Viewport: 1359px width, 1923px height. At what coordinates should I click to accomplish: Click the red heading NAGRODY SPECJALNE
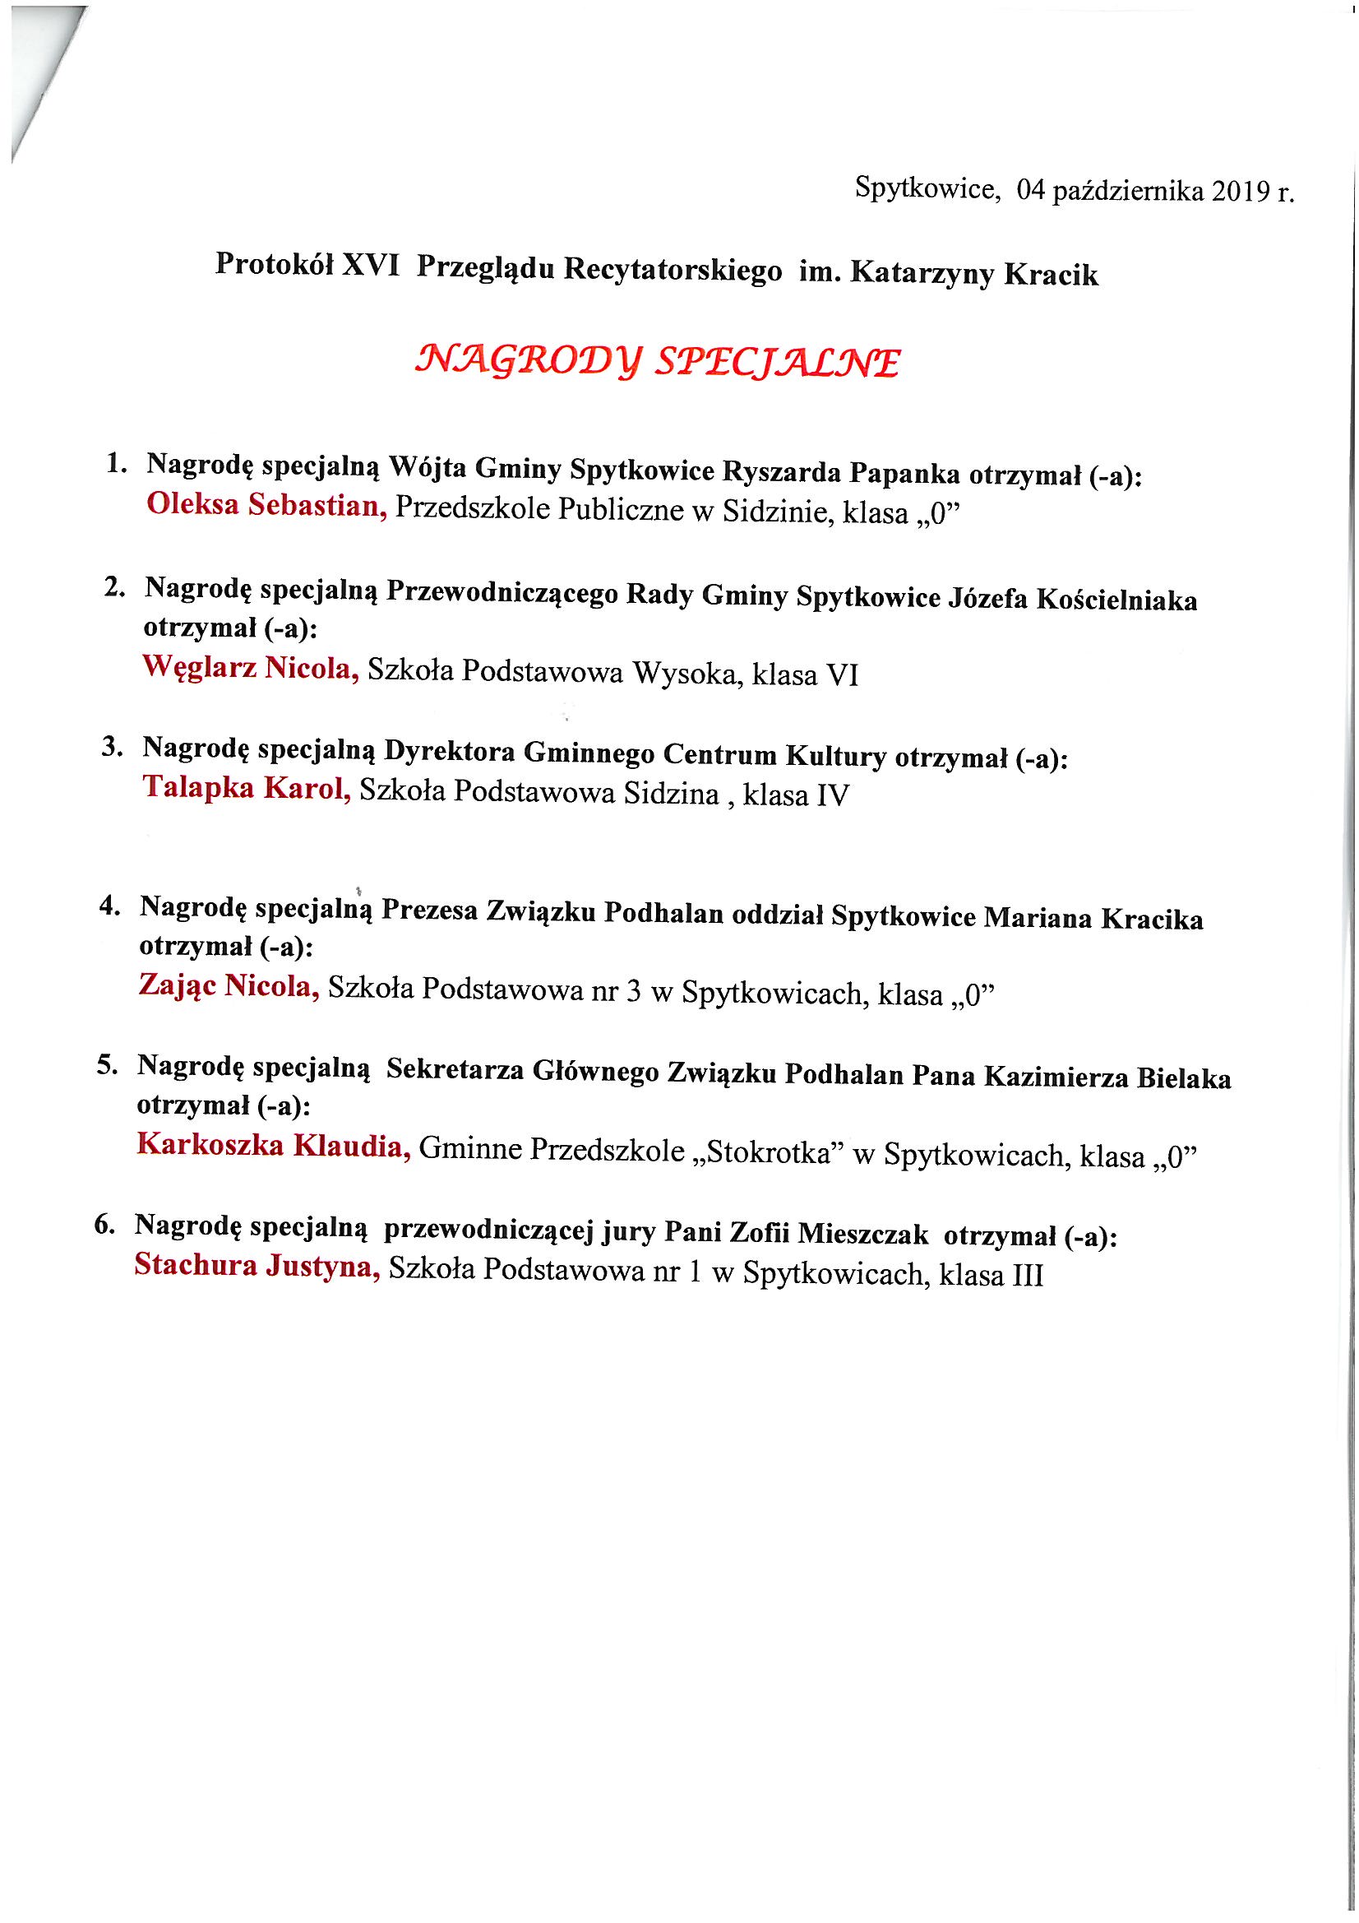[659, 361]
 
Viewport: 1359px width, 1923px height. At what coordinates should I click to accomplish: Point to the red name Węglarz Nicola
[251, 668]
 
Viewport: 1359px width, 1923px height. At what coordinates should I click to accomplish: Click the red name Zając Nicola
[229, 986]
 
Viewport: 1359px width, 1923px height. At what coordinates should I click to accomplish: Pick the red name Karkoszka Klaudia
[273, 1145]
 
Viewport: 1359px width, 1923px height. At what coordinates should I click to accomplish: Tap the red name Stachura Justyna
[257, 1265]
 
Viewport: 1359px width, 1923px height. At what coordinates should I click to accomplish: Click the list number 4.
[108, 906]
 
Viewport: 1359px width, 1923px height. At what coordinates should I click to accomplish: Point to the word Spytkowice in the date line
[925, 189]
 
